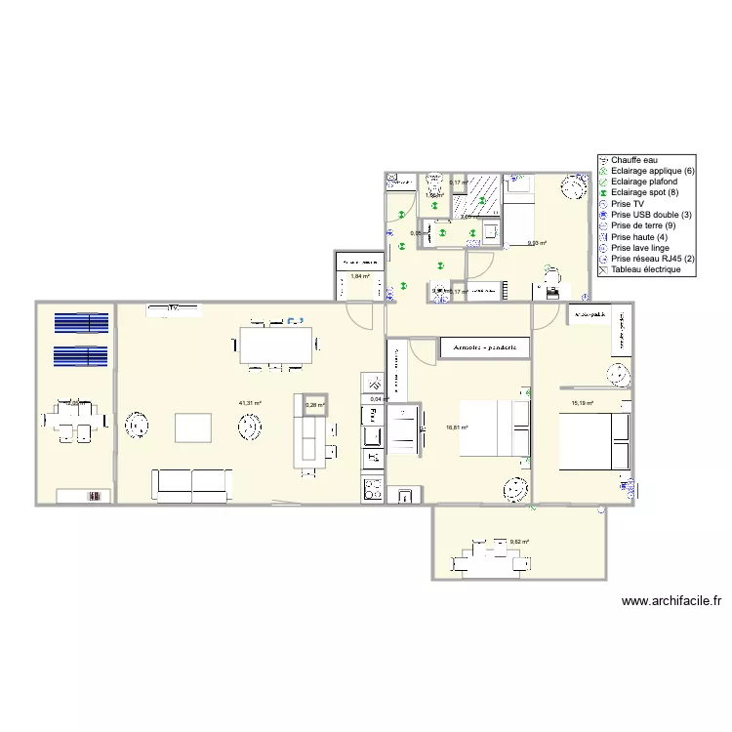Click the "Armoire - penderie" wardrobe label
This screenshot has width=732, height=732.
pyautogui.click(x=485, y=346)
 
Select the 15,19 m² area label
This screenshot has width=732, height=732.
pyautogui.click(x=583, y=403)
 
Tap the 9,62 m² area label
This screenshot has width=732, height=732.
pyautogui.click(x=519, y=542)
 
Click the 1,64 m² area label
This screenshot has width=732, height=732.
pyautogui.click(x=359, y=276)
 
